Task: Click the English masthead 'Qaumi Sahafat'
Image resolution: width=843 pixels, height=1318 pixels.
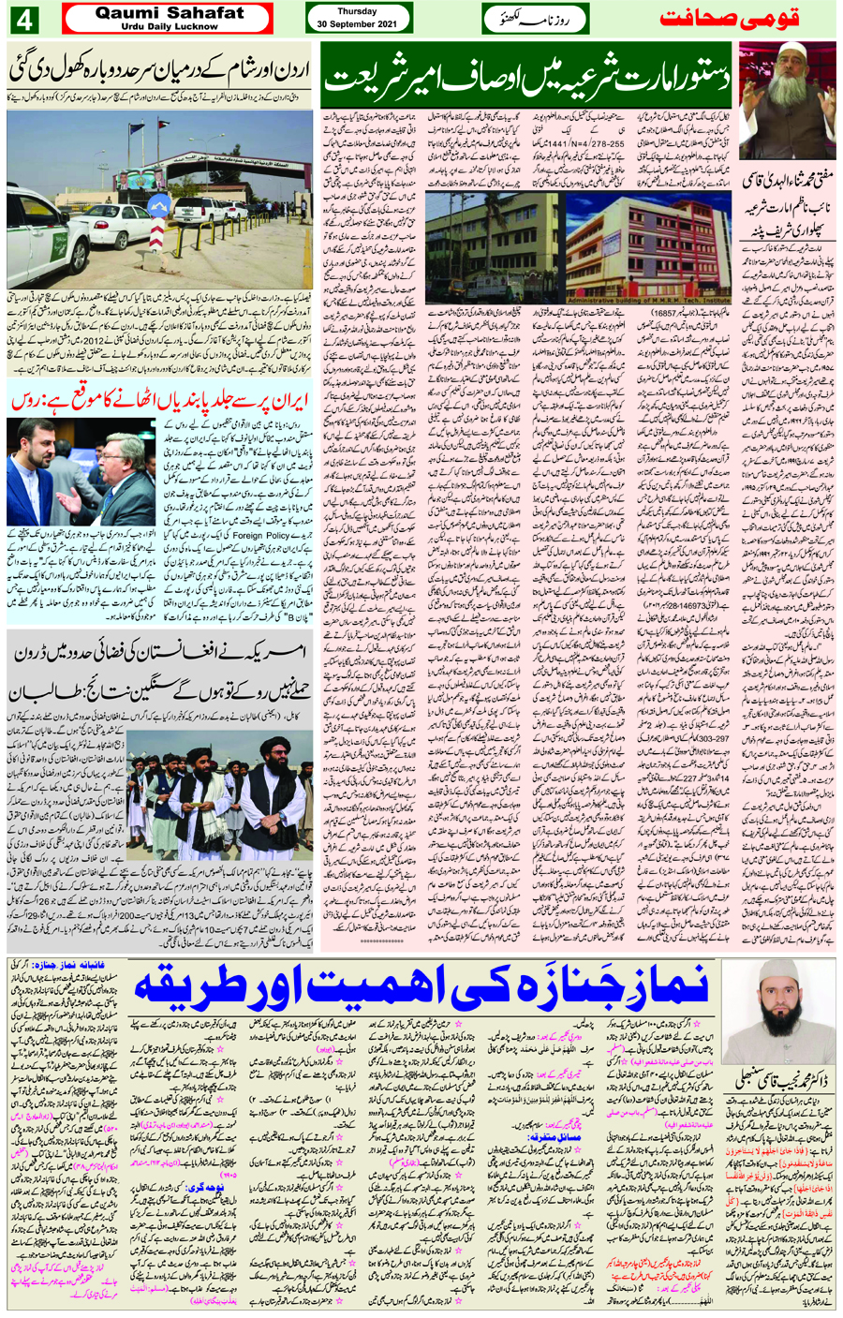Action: point(169,13)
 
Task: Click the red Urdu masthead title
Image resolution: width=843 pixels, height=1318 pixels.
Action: point(745,19)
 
